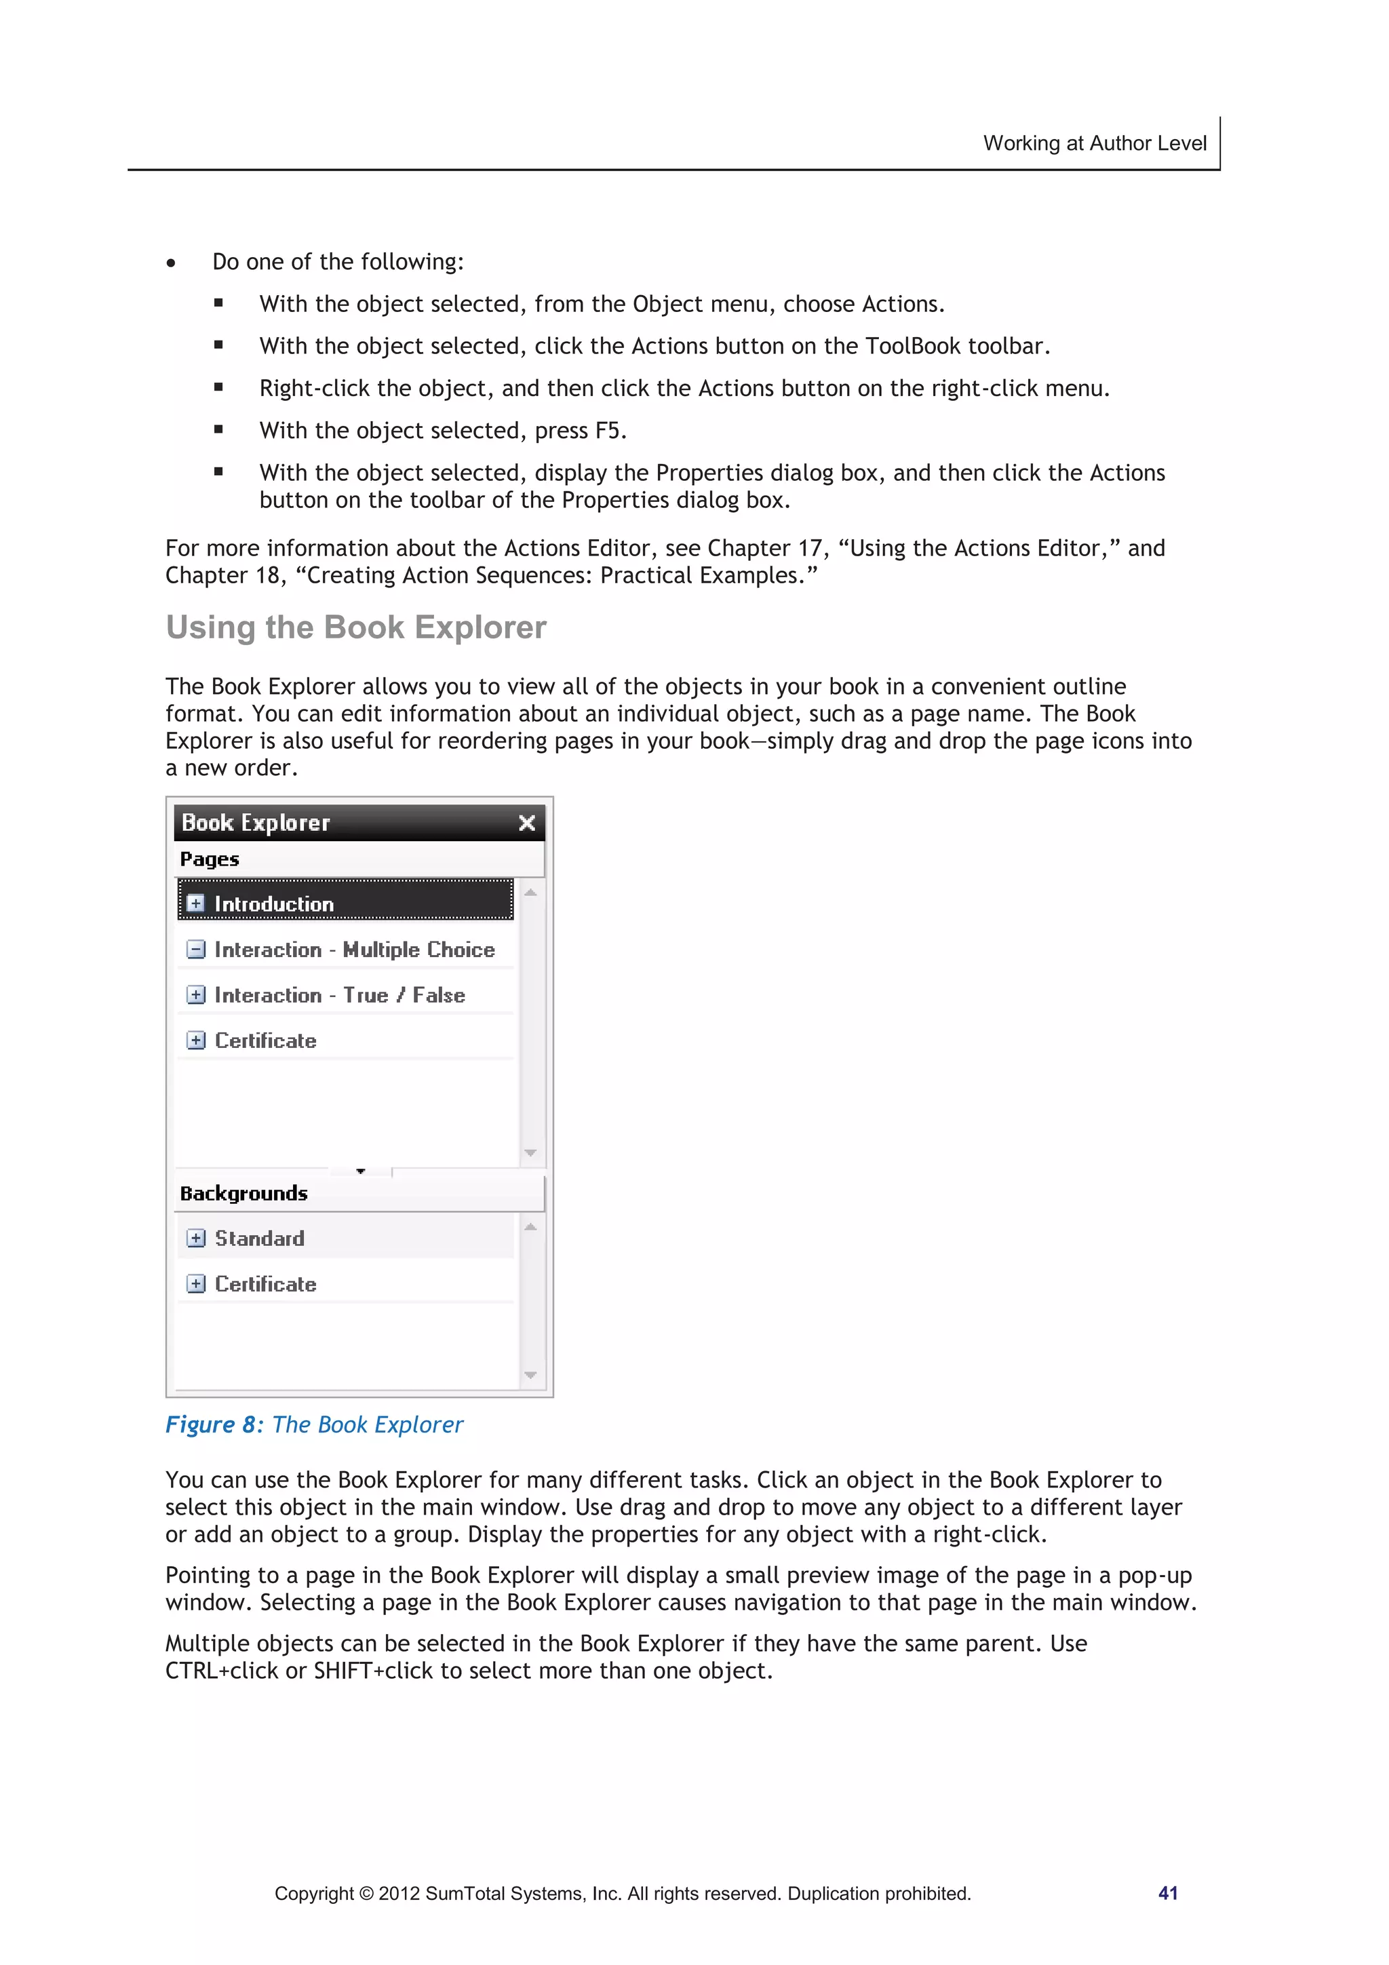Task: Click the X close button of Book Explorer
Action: coord(526,823)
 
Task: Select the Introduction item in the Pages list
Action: coord(274,903)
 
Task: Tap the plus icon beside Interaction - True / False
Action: coord(196,994)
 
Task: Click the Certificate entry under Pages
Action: coord(265,1040)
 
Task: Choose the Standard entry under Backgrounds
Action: coord(259,1239)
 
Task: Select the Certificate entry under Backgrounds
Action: coord(265,1284)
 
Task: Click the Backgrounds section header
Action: coord(244,1193)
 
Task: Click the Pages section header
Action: coord(210,859)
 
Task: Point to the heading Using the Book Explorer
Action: coord(356,627)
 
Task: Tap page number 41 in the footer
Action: coord(1167,1893)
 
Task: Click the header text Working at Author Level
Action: coord(1094,143)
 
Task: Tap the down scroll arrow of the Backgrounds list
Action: coord(530,1376)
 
